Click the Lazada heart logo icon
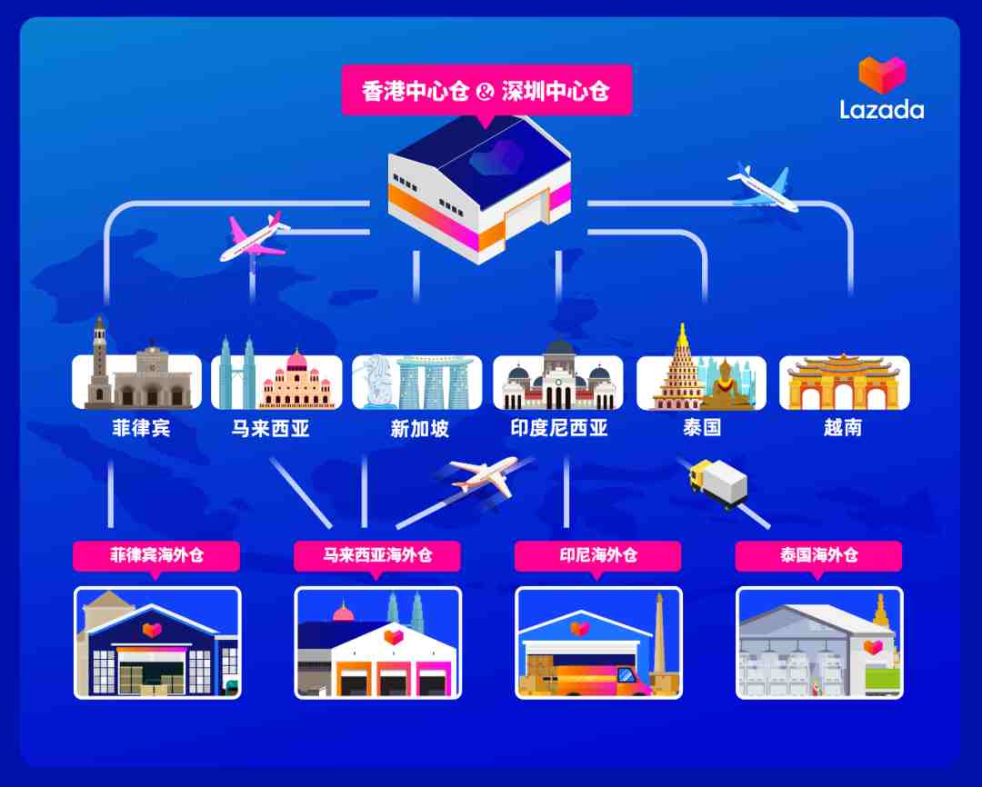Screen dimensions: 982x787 point(882,75)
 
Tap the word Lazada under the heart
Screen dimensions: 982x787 point(882,110)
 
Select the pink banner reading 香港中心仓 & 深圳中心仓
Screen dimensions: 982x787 point(486,91)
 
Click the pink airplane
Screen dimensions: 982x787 point(255,237)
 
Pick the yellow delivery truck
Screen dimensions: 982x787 point(718,482)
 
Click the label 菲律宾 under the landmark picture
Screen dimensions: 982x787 point(141,428)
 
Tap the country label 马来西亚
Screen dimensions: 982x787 point(271,428)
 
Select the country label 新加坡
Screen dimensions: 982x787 point(419,428)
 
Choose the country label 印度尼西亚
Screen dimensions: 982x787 point(558,428)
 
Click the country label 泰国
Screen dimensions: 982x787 point(701,428)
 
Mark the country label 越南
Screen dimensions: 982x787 point(842,428)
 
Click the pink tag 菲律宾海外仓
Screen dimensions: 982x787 point(156,556)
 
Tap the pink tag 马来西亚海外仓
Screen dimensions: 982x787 point(377,556)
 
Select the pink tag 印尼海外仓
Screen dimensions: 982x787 point(598,556)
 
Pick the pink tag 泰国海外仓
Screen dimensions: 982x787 point(818,556)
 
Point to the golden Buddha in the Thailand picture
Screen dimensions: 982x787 point(726,385)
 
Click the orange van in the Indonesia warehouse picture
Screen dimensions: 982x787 point(595,681)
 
